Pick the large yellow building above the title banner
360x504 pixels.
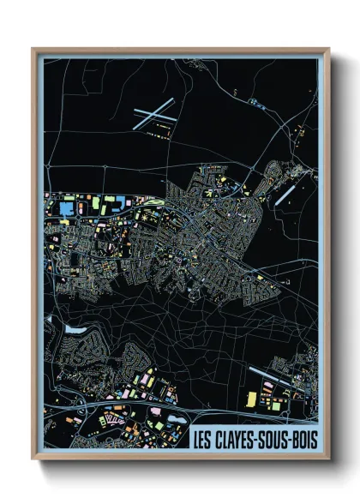coord(251,399)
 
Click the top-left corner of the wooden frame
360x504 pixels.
coord(33,49)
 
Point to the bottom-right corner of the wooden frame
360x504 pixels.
coord(329,460)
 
